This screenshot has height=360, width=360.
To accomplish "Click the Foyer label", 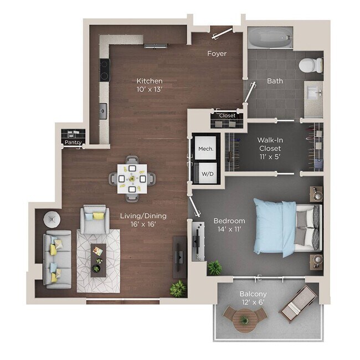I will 217,54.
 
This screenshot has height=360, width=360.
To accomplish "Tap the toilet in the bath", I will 311,65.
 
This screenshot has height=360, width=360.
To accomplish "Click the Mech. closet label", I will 205,149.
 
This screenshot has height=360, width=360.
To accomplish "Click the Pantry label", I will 73,142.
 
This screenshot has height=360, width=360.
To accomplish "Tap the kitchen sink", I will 104,111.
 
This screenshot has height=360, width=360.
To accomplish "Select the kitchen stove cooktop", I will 104,70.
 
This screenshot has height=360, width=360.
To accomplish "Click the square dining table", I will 132,178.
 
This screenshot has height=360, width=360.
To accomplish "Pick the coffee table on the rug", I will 98,259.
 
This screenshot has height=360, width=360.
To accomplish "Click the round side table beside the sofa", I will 52,219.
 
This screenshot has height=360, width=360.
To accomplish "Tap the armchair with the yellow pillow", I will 95,219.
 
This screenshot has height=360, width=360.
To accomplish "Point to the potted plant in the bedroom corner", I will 214,268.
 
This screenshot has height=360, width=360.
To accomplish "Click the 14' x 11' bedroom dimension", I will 229,229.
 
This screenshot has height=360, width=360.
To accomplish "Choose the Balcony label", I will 253,294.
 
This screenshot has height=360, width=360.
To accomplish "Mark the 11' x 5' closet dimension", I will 269,157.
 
